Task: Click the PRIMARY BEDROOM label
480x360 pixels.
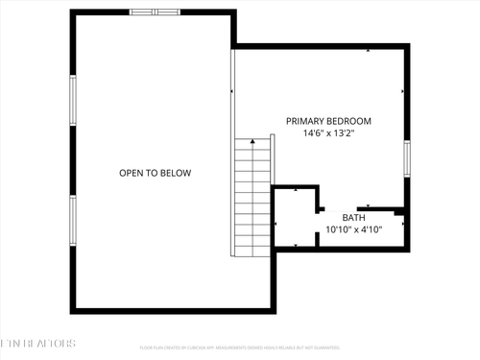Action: pyautogui.click(x=328, y=122)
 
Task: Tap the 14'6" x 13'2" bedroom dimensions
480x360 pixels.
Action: pyautogui.click(x=328, y=134)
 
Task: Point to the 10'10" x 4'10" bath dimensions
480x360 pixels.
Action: pyautogui.click(x=354, y=229)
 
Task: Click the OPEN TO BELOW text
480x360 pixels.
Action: pyautogui.click(x=155, y=173)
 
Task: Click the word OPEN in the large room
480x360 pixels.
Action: pyautogui.click(x=132, y=173)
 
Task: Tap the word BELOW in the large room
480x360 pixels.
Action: pyautogui.click(x=176, y=173)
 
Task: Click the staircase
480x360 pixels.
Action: pyautogui.click(x=251, y=198)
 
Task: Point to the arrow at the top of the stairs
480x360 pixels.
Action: pyautogui.click(x=252, y=143)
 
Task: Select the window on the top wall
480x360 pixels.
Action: pyautogui.click(x=154, y=12)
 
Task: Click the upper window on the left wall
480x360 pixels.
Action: pyautogui.click(x=72, y=100)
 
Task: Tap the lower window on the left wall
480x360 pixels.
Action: pyautogui.click(x=72, y=221)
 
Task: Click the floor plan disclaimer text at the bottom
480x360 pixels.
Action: pyautogui.click(x=240, y=348)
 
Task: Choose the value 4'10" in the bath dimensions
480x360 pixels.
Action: pyautogui.click(x=370, y=229)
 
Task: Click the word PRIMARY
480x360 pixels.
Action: pyautogui.click(x=303, y=122)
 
